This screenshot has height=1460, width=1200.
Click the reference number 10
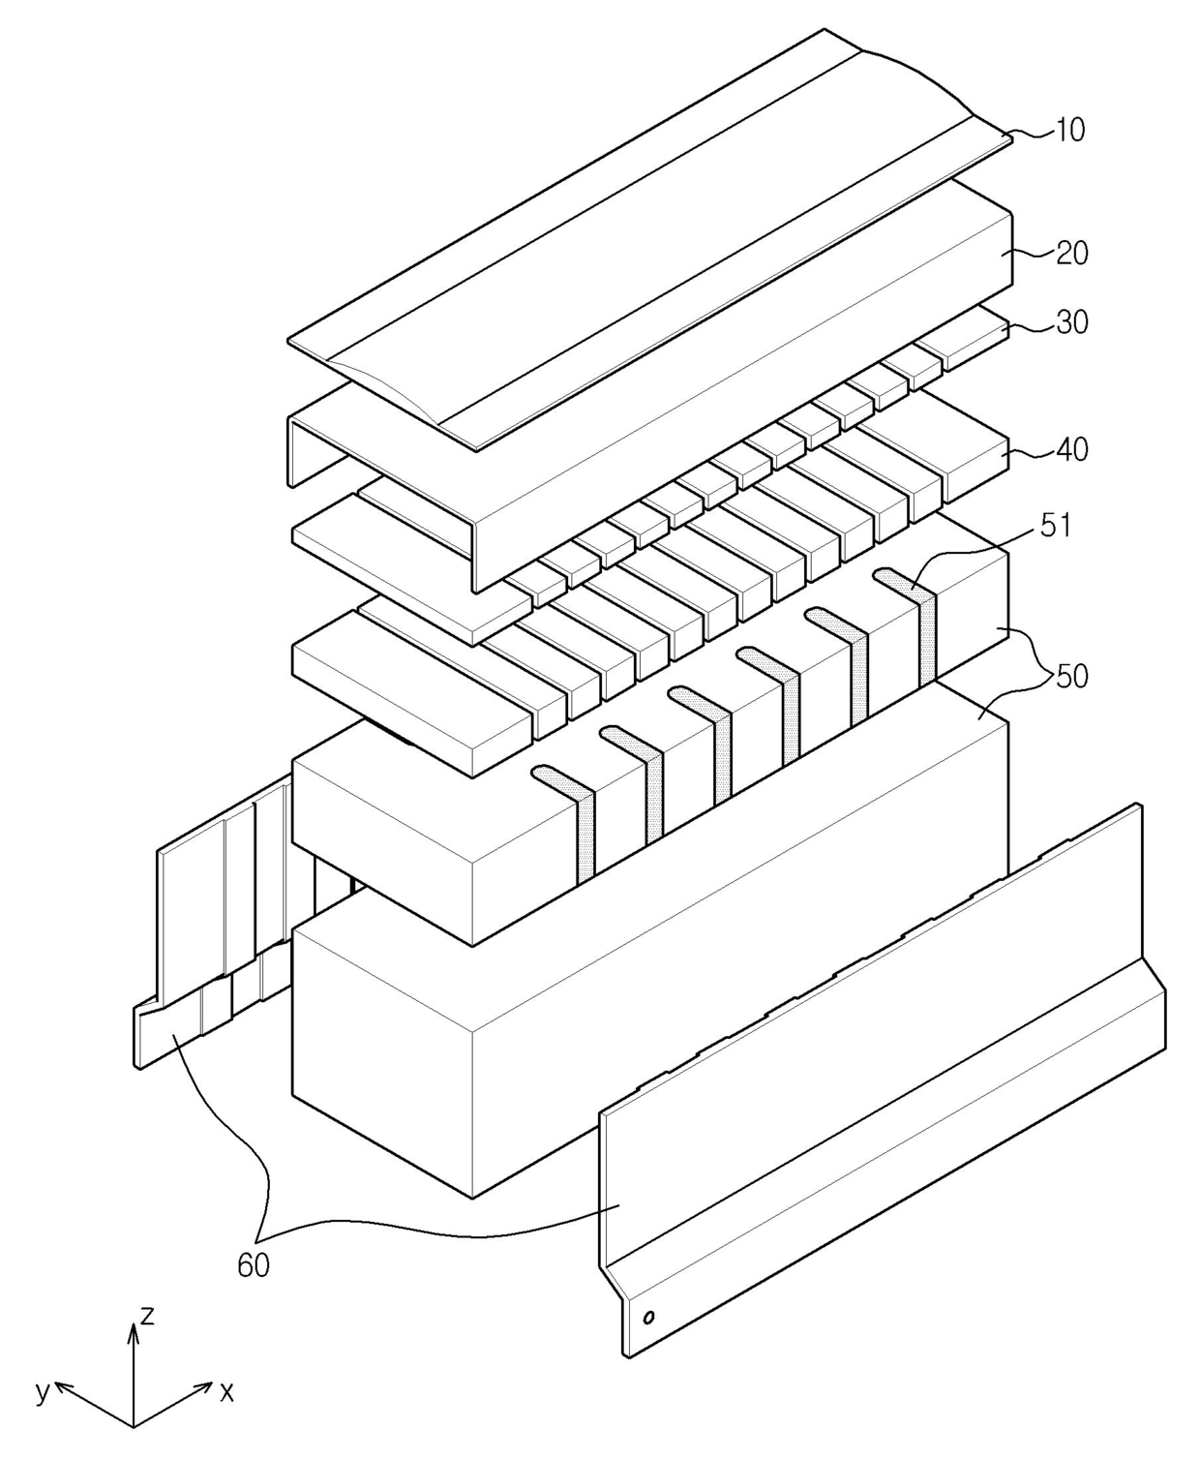point(1069,130)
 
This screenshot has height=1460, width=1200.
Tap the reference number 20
point(1071,253)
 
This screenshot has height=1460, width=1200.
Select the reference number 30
point(1071,321)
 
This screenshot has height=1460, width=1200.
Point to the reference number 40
point(1071,449)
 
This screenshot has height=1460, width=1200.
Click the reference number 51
point(1055,526)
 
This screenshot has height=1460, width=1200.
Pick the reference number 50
point(1071,676)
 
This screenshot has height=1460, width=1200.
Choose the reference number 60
point(254,1264)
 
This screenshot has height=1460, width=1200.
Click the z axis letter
point(147,1315)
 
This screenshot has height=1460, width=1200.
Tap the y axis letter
point(42,1391)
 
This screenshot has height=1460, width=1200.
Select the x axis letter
point(226,1392)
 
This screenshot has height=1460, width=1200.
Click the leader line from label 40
point(1034,451)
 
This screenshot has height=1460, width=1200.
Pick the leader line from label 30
point(1034,327)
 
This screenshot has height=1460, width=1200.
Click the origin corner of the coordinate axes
point(134,1426)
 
